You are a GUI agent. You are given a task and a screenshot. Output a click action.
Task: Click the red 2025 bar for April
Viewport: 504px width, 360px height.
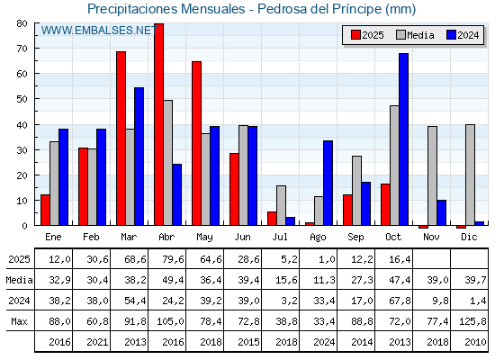pyautogui.click(x=158, y=124)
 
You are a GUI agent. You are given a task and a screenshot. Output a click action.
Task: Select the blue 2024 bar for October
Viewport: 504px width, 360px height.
pyautogui.click(x=404, y=139)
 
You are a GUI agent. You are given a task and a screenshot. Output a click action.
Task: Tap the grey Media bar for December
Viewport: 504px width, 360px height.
pyautogui.click(x=470, y=175)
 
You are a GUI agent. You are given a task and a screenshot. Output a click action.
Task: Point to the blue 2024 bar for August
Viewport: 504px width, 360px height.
pyautogui.click(x=328, y=183)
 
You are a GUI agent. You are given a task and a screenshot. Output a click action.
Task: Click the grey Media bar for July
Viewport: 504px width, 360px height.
pyautogui.click(x=281, y=205)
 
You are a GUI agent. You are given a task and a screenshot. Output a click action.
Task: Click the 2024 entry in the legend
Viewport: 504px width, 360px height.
pyautogui.click(x=462, y=35)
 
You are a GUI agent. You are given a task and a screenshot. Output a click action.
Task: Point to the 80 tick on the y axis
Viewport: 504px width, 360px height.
pyautogui.click(x=22, y=24)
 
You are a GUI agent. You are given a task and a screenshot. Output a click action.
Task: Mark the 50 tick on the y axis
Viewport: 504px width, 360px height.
pyautogui.click(x=22, y=100)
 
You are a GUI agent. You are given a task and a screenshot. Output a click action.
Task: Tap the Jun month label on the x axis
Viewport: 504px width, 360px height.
pyautogui.click(x=243, y=236)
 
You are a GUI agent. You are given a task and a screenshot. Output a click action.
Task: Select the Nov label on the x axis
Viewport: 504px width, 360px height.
pyautogui.click(x=432, y=236)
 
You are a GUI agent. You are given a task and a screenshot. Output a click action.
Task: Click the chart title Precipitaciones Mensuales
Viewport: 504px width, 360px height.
pyautogui.click(x=252, y=9)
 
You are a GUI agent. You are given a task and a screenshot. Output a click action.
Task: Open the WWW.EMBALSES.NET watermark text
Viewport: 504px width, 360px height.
pyautogui.click(x=97, y=31)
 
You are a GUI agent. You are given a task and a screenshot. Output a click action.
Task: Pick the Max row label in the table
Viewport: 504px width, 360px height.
pyautogui.click(x=18, y=321)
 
